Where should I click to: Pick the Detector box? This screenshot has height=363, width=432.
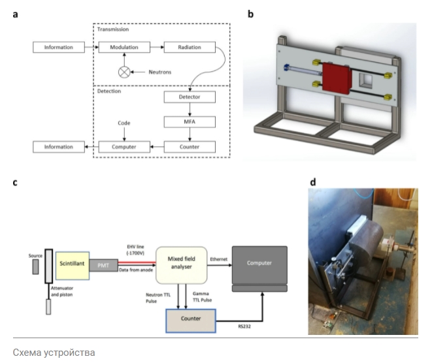click(190, 97)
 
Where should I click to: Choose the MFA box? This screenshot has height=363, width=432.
click(190, 122)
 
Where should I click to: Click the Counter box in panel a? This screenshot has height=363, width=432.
click(190, 147)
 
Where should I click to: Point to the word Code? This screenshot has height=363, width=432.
click(124, 122)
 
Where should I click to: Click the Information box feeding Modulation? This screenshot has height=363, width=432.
click(59, 48)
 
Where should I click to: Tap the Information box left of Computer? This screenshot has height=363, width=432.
click(59, 147)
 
